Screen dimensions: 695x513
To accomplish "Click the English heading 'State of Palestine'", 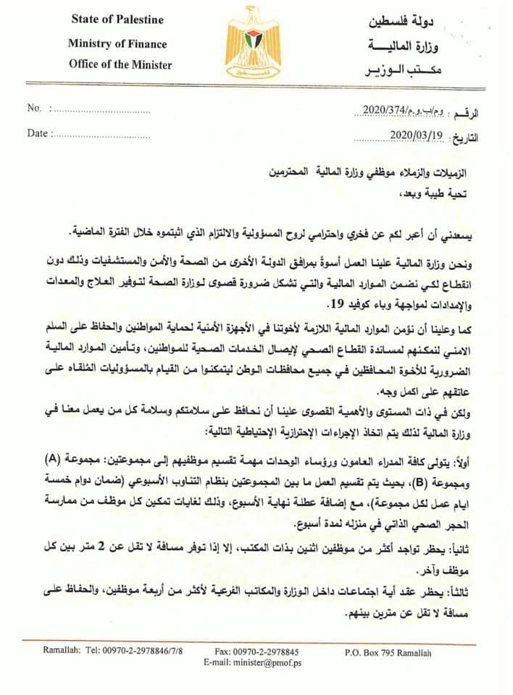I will coord(117,19).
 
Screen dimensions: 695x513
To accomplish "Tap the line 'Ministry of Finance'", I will coord(117,43).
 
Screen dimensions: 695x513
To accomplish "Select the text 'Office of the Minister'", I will coord(120,64).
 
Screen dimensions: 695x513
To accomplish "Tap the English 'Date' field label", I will coord(37,133).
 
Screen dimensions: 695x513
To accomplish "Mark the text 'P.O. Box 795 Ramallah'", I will coord(388,653).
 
